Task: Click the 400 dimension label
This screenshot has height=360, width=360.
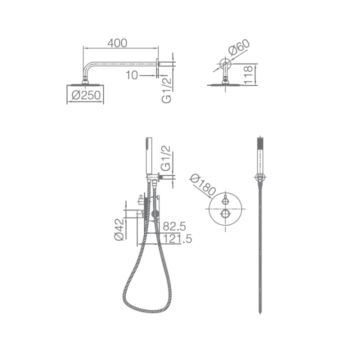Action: (x=117, y=43)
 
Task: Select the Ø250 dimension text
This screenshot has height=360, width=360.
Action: (x=86, y=95)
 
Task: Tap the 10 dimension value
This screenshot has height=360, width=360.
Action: (x=132, y=75)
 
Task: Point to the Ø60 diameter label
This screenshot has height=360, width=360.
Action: (x=239, y=47)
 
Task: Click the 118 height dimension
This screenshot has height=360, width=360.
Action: (x=248, y=75)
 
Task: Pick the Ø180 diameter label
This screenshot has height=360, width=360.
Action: (x=202, y=185)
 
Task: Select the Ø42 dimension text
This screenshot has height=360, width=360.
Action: (x=119, y=229)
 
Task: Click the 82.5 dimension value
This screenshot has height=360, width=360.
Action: (x=174, y=226)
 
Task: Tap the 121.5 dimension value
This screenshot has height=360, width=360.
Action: (x=177, y=238)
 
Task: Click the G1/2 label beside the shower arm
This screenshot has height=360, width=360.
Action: (x=166, y=90)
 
